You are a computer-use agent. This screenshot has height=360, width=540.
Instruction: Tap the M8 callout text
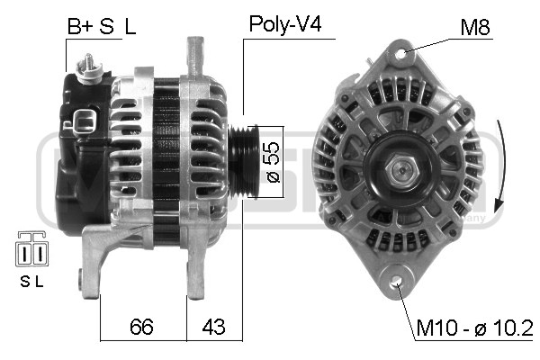point(476,27)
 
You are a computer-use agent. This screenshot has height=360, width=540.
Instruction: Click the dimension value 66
point(140,325)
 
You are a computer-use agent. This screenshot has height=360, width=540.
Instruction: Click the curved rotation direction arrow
point(500,161)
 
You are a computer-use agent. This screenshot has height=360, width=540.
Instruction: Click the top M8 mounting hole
point(400,54)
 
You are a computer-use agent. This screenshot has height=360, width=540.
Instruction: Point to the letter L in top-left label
point(130,26)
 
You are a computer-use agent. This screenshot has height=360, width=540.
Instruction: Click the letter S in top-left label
point(106,26)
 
